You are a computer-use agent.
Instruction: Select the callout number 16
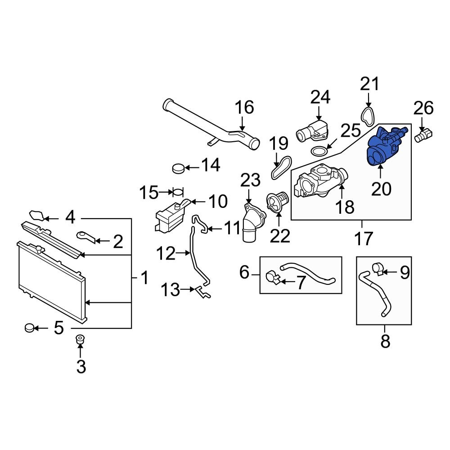click(245, 108)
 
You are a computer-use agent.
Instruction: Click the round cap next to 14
click(179, 169)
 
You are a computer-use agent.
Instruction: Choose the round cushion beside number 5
click(30, 328)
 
